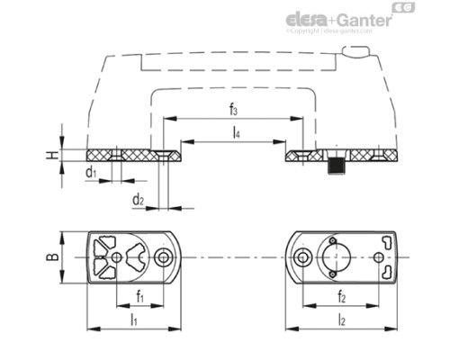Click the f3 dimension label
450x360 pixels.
click(234, 110)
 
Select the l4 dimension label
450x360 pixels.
click(235, 133)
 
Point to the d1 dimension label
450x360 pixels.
click(91, 171)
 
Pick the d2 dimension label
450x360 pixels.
click(137, 198)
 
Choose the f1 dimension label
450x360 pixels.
click(139, 294)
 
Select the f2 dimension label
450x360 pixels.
click(341, 294)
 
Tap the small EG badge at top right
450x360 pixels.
click(407, 8)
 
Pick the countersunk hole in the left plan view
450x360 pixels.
click(162, 258)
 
